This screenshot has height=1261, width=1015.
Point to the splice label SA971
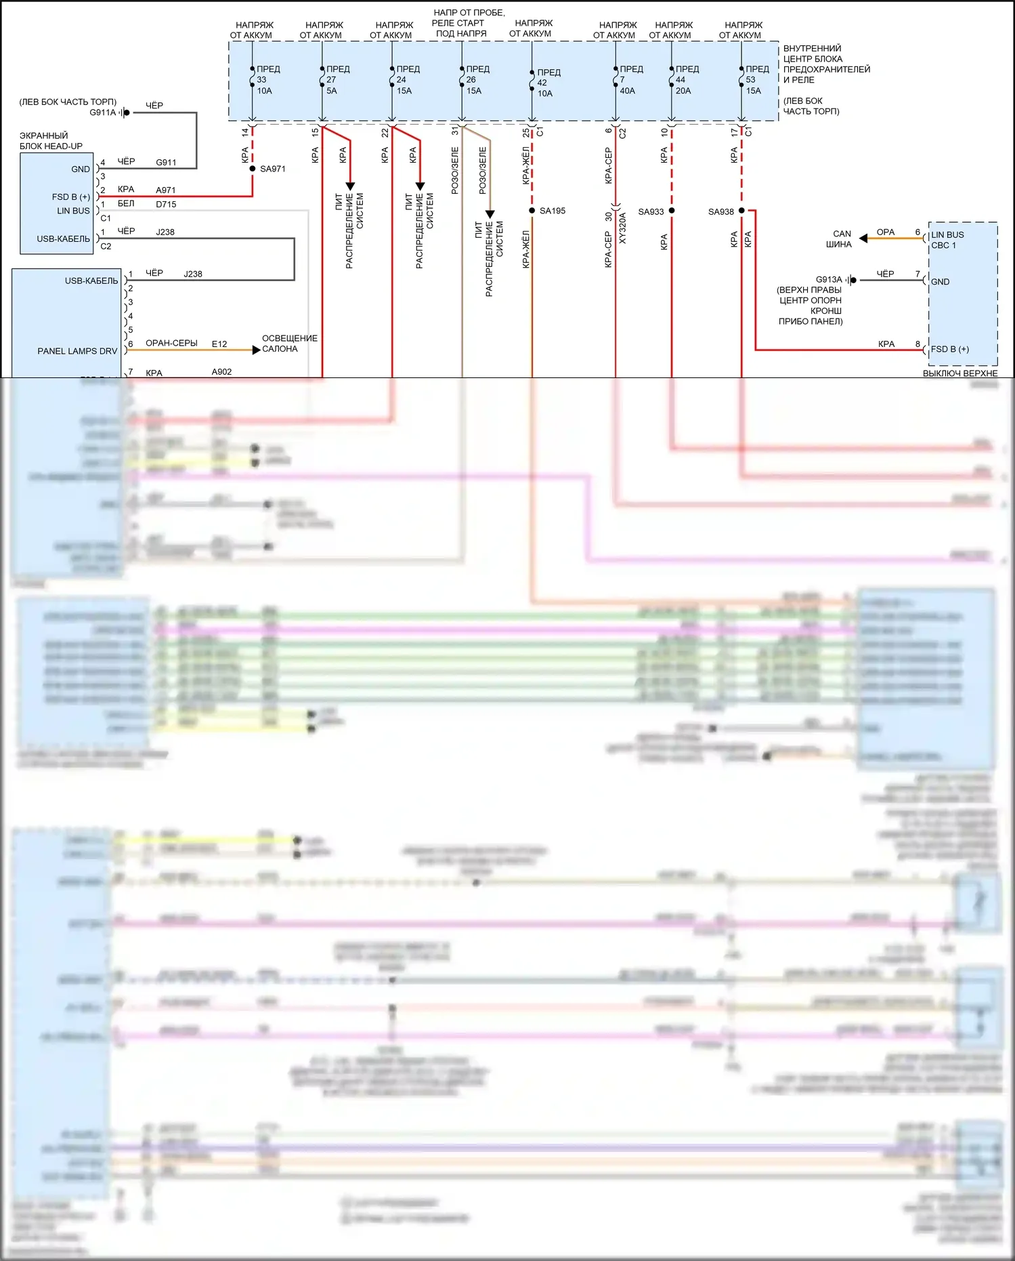coord(273,169)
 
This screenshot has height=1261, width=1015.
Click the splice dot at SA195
coord(532,211)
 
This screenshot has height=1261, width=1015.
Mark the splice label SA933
coord(651,211)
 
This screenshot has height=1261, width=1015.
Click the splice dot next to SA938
coord(741,211)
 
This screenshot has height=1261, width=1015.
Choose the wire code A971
coord(166,190)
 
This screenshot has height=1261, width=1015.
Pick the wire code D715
coord(166,204)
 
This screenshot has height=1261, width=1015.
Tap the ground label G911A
coord(103,112)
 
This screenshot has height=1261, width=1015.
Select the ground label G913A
coord(829,279)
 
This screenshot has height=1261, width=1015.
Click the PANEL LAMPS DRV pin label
coord(77,351)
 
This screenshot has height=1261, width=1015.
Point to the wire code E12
coord(219,344)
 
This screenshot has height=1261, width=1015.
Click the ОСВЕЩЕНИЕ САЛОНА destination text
coord(289,344)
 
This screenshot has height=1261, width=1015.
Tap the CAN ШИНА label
coord(840,239)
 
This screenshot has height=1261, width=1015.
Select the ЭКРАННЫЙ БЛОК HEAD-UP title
coord(51,141)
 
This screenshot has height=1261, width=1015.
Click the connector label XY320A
coord(623,228)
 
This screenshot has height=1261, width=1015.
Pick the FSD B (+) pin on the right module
coord(949,349)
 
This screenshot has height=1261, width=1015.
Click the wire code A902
coord(221,372)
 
